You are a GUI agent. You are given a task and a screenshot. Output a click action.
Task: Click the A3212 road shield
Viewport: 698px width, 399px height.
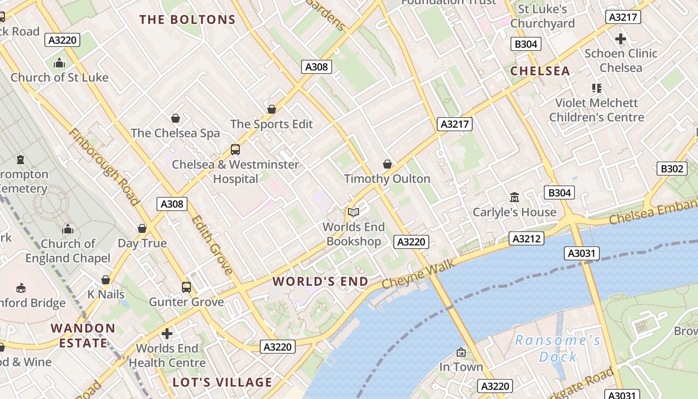(x=526, y=239)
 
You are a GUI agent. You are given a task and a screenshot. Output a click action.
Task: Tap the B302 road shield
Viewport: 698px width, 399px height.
(x=671, y=169)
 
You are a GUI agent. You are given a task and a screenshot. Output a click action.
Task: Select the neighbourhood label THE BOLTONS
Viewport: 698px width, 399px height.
(x=187, y=20)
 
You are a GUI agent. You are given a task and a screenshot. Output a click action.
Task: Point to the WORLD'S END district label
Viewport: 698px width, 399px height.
(x=321, y=281)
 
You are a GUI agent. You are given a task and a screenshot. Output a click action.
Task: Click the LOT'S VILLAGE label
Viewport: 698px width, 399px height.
(x=222, y=383)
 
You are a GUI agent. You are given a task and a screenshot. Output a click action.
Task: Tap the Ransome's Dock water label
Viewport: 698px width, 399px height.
(x=558, y=348)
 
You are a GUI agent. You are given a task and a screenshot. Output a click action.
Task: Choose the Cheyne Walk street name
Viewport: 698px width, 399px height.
(x=418, y=274)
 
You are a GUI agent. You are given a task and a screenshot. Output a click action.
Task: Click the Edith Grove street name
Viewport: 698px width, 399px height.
(x=212, y=245)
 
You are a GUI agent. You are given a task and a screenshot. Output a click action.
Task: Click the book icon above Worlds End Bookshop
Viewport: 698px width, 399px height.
(x=353, y=212)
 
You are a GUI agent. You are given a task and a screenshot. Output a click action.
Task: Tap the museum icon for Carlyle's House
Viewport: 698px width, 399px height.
(x=514, y=198)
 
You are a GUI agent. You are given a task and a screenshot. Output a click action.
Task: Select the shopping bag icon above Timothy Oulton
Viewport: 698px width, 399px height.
(x=387, y=164)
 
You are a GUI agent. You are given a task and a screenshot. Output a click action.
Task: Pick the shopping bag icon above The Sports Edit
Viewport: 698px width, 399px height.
(x=272, y=109)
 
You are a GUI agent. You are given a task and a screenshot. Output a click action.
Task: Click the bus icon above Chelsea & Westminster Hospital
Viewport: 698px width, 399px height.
(x=235, y=149)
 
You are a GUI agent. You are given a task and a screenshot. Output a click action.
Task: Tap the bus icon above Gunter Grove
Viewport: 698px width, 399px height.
(x=186, y=287)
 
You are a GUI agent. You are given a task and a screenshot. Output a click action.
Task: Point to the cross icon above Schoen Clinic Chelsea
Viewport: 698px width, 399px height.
(x=621, y=38)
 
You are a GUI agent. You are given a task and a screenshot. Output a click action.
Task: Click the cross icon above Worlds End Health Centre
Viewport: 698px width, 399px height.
(x=168, y=333)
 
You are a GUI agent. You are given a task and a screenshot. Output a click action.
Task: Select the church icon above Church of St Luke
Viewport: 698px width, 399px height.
(x=59, y=63)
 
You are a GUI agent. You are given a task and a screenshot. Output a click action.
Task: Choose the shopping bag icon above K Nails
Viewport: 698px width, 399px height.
(x=106, y=280)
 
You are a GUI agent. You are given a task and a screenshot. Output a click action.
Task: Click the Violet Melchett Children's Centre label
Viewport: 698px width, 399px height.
(x=596, y=110)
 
